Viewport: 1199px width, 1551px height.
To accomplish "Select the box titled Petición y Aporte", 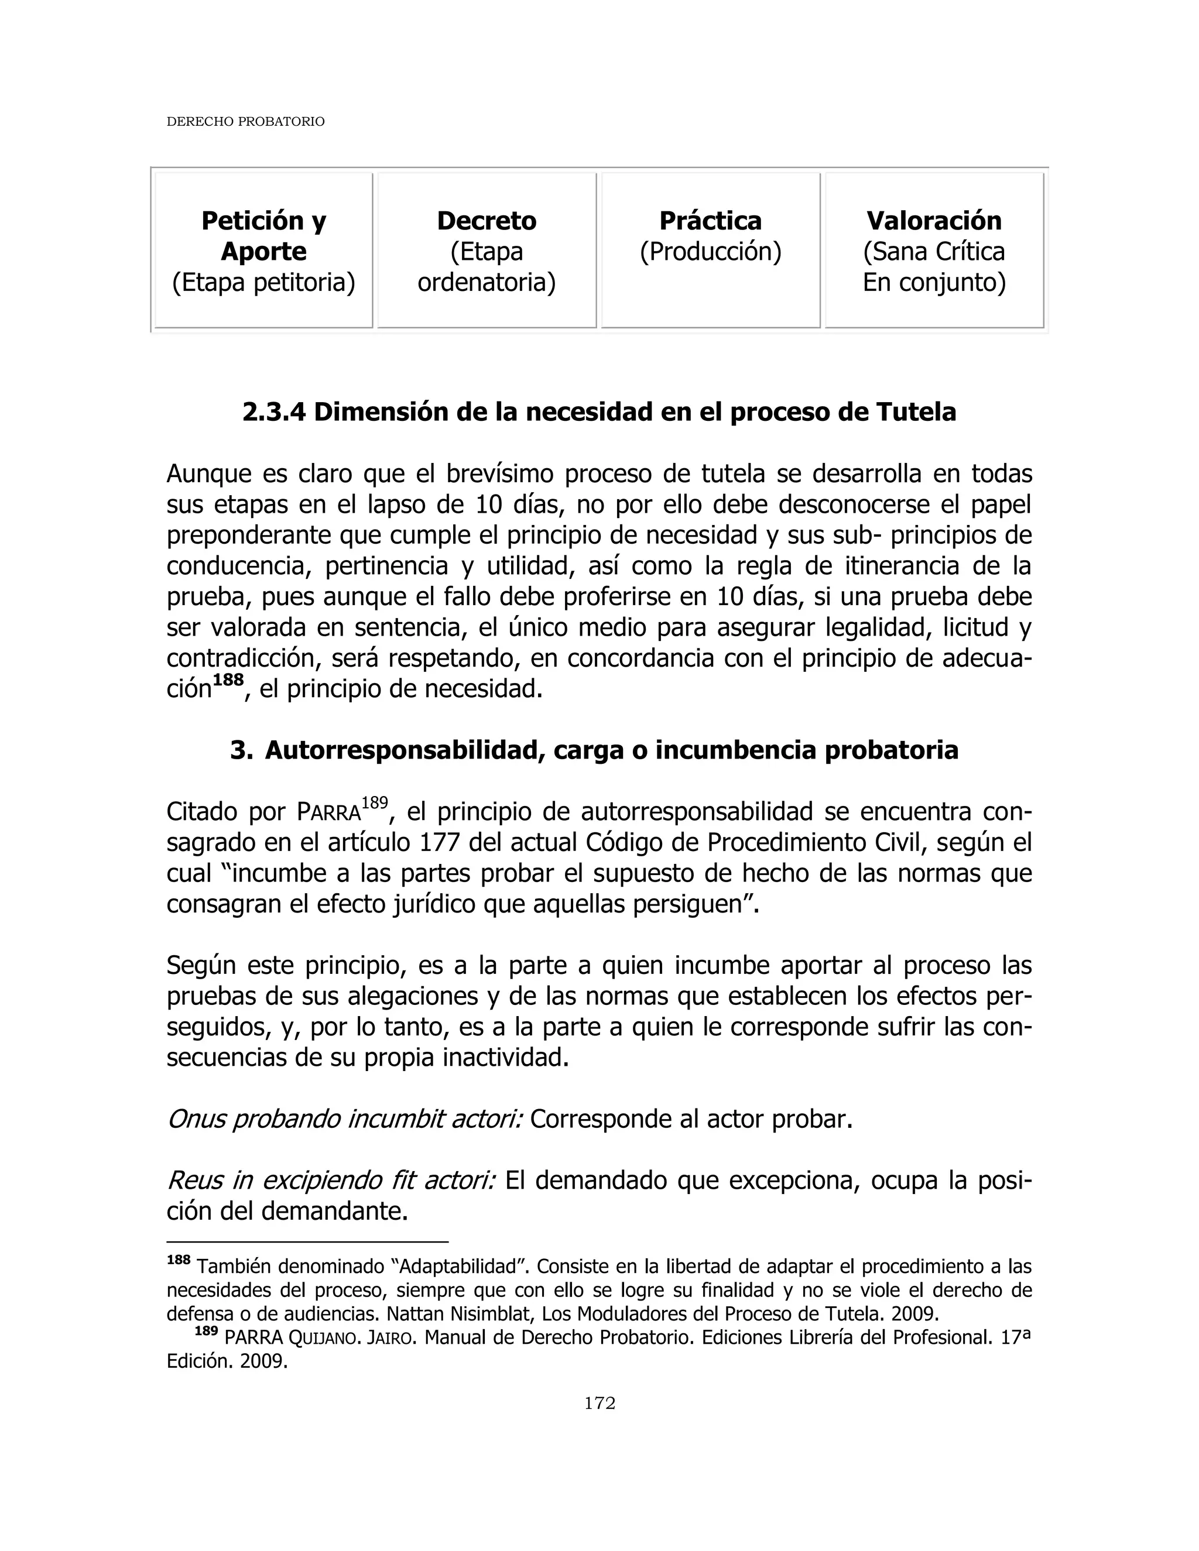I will (263, 251).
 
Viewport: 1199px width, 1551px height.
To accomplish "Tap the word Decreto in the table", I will (487, 221).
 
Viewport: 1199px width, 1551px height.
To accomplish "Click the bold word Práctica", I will (710, 221).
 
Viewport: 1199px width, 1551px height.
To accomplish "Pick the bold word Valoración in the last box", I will (934, 221).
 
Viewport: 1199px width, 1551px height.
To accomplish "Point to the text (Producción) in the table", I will (710, 252).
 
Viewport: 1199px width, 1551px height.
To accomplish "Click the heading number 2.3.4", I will (273, 412).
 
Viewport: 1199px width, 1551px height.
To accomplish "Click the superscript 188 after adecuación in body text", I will (228, 680).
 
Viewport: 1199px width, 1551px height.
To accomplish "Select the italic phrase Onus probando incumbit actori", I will (344, 1120).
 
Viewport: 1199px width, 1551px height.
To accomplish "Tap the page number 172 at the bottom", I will (599, 1404).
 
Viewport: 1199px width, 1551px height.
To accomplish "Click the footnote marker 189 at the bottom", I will (205, 1332).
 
